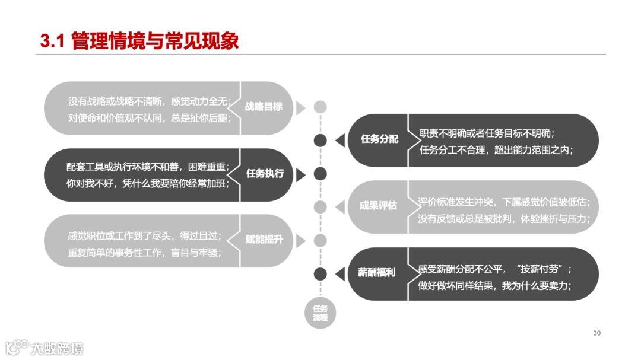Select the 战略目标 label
pyautogui.click(x=264, y=107)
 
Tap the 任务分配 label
pyautogui.click(x=380, y=140)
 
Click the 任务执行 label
pyautogui.click(x=265, y=174)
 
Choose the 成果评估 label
pyautogui.click(x=378, y=206)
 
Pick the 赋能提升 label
pyautogui.click(x=265, y=240)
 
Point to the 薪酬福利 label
pyautogui.click(x=377, y=273)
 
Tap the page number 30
pyautogui.click(x=597, y=333)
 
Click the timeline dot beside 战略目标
pyautogui.click(x=320, y=107)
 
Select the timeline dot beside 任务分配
pyautogui.click(x=320, y=141)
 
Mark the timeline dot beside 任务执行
pyautogui.click(x=320, y=174)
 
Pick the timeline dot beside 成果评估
pyautogui.click(x=320, y=207)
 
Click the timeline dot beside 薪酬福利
pyautogui.click(x=320, y=273)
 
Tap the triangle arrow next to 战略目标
pyautogui.click(x=301, y=107)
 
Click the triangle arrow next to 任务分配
pyautogui.click(x=340, y=141)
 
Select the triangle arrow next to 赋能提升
pyautogui.click(x=301, y=240)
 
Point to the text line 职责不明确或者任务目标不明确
pyautogui.click(x=487, y=133)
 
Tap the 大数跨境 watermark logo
pyautogui.click(x=45, y=348)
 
